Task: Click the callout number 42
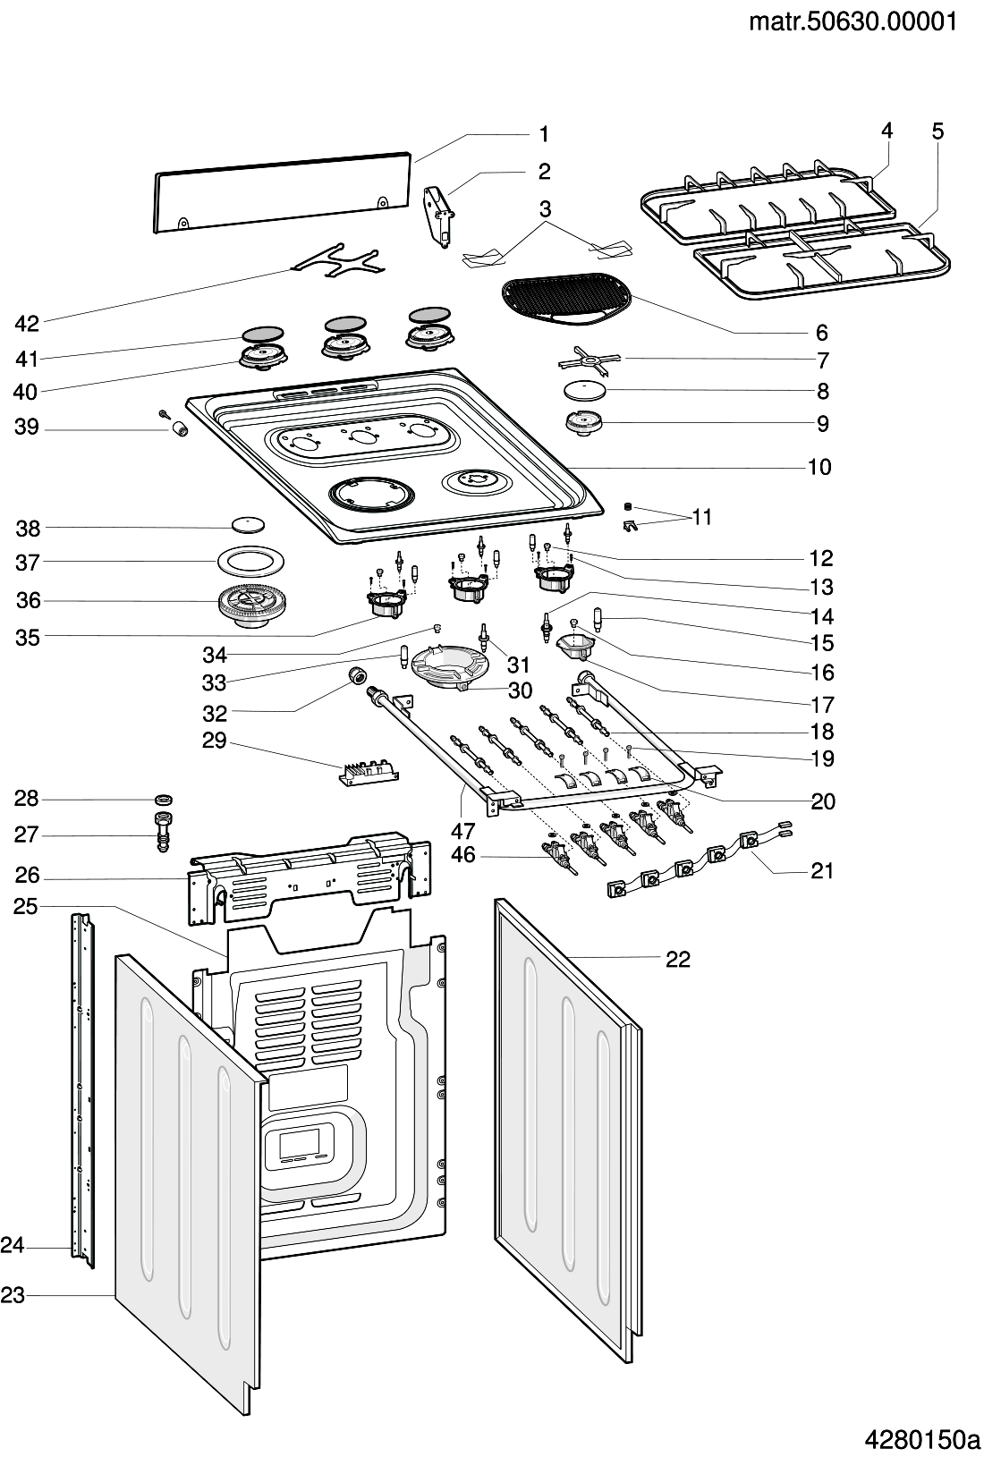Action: click(27, 323)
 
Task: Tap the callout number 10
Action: click(819, 467)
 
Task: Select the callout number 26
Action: click(28, 875)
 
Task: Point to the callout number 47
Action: click(463, 831)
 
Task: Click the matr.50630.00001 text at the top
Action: click(853, 21)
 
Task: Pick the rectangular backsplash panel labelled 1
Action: click(283, 192)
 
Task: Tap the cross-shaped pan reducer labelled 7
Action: click(590, 361)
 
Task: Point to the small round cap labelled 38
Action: click(249, 524)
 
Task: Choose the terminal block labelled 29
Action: click(369, 771)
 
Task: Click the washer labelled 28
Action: click(165, 800)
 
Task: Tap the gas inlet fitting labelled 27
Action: click(164, 832)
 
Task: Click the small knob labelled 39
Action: click(180, 428)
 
